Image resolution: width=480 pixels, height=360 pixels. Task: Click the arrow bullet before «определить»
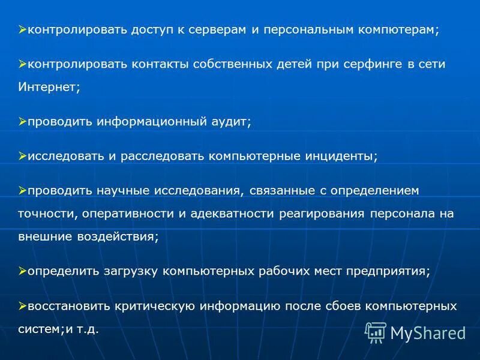(x=22, y=271)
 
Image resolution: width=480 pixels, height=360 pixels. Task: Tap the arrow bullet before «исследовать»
(x=22, y=156)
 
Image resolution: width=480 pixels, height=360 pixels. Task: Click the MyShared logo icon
(x=376, y=332)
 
